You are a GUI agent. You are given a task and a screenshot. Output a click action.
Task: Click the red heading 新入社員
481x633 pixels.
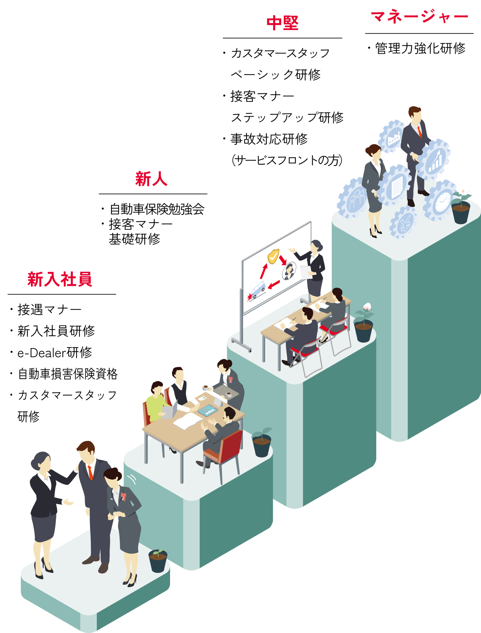(x=60, y=279)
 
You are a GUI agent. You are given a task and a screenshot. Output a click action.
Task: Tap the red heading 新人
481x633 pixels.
(x=151, y=179)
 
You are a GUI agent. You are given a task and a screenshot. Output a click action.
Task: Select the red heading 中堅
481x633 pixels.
(x=282, y=23)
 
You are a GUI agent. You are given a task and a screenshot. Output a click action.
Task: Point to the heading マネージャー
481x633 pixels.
(x=419, y=17)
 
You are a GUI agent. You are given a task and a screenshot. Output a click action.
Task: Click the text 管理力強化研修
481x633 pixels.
(x=420, y=49)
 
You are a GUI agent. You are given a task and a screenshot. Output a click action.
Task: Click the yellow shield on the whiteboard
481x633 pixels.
(x=273, y=256)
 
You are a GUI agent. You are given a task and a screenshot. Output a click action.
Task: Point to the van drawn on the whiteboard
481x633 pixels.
(x=258, y=289)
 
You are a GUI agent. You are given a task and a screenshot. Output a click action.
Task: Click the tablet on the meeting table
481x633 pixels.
(x=208, y=410)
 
